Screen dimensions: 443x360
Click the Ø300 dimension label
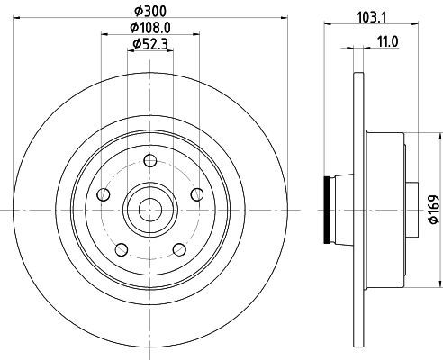(150, 11)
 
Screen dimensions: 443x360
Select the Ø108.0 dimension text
(150, 28)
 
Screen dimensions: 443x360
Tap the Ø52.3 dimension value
(150, 44)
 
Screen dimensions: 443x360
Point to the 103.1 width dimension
(372, 17)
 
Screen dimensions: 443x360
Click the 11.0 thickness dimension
(387, 41)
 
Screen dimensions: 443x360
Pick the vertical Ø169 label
(434, 210)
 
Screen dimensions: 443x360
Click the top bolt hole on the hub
(150, 160)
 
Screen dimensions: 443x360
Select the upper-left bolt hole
(104, 194)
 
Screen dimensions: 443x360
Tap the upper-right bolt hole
(197, 194)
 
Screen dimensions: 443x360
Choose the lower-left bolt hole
(122, 249)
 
